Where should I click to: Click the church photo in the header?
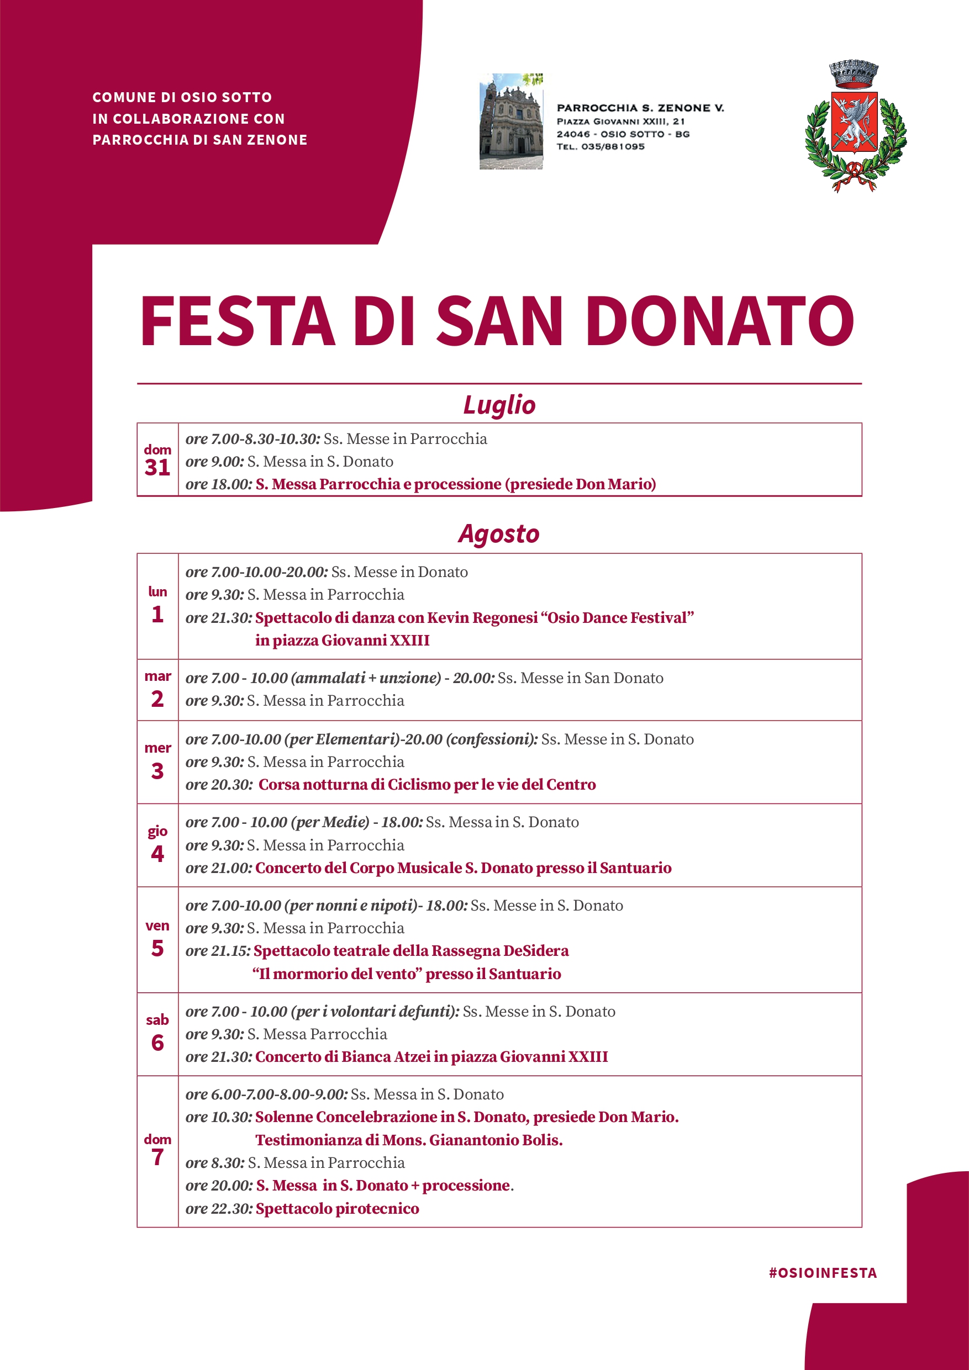[511, 121]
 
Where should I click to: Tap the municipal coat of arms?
[855, 126]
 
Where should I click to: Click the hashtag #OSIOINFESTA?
[823, 1273]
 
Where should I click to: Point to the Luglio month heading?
[499, 405]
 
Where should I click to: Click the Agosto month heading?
[498, 533]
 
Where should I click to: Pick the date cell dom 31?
[157, 460]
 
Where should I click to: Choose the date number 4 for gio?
[157, 854]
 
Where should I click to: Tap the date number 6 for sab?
[157, 1043]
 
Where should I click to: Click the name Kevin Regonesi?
[482, 617]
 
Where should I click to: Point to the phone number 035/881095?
[613, 147]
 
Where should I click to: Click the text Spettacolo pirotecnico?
[338, 1208]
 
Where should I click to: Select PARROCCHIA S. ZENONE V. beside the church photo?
[640, 108]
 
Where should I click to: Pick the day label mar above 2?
[157, 676]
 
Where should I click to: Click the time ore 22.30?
[219, 1209]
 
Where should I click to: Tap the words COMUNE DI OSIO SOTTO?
[182, 97]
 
